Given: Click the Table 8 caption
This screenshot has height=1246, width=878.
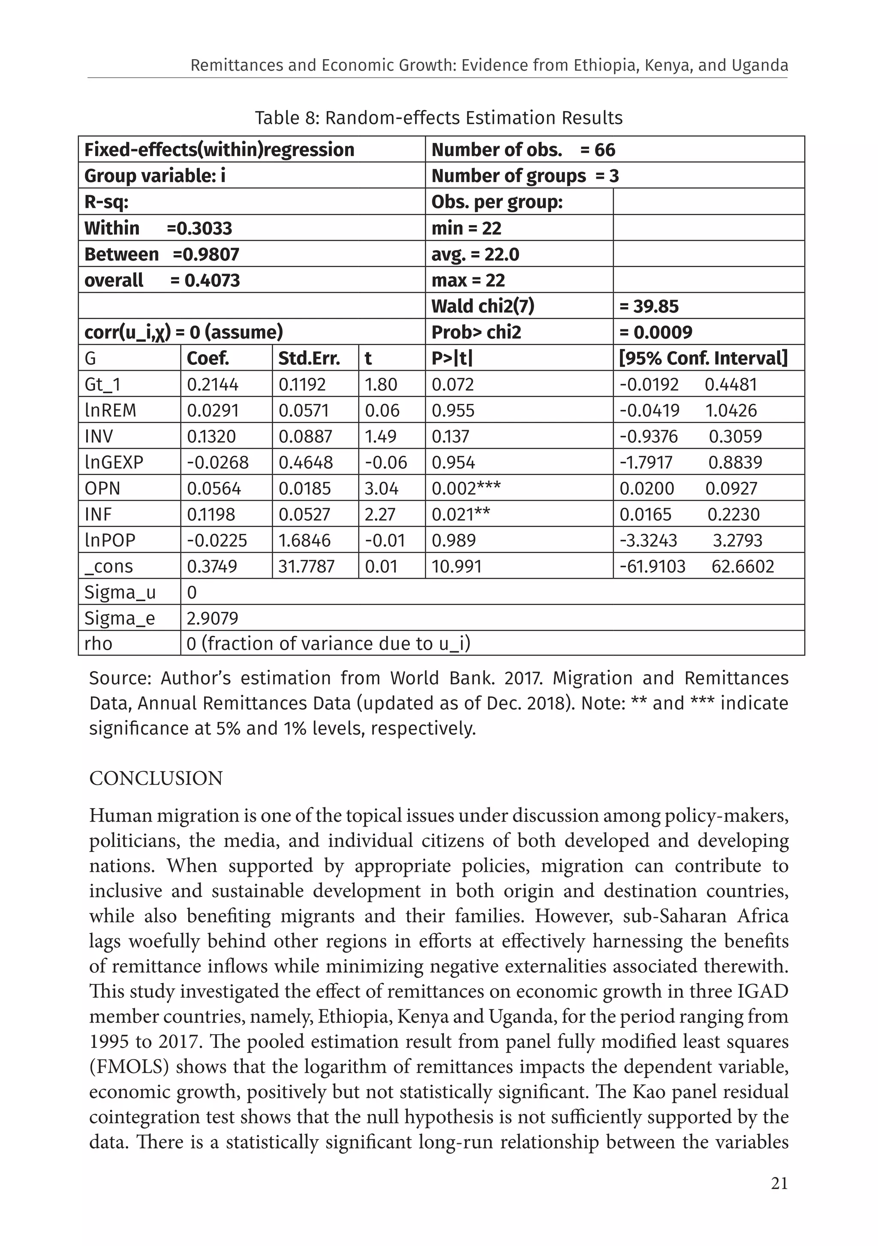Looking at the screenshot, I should click(439, 118).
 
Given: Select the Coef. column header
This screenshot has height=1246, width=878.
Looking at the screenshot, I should click(208, 358).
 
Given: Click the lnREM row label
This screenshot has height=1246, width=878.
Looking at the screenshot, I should click(110, 410).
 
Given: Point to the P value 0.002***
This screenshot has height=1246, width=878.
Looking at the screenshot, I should click(466, 488).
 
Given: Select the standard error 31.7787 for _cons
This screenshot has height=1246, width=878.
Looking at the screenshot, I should click(307, 566).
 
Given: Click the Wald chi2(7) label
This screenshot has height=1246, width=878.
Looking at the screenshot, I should click(482, 306).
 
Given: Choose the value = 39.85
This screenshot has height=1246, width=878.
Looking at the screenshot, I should click(649, 306).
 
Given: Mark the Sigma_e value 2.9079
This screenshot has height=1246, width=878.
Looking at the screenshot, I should click(212, 618).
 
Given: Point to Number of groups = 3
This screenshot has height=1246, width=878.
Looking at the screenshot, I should click(525, 176).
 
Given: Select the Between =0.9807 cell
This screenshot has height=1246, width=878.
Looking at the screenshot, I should click(161, 254).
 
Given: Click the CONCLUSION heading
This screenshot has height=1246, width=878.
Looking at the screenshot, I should click(156, 778).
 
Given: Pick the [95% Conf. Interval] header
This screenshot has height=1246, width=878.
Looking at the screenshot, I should click(703, 358).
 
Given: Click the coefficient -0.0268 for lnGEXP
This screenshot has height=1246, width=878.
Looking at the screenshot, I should click(218, 462).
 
